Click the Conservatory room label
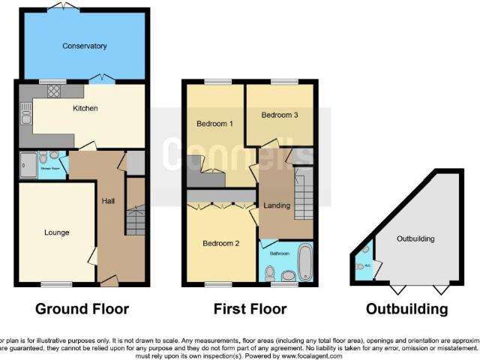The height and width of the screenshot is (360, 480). (84, 46)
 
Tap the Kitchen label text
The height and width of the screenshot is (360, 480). (85, 108)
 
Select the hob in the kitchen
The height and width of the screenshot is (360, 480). (54, 92)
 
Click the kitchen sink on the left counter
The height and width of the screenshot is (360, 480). (25, 116)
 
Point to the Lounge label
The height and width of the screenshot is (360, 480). (56, 232)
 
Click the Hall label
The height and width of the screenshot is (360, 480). (108, 200)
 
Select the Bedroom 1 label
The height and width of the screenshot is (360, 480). (214, 123)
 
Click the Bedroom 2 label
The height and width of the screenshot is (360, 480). (221, 243)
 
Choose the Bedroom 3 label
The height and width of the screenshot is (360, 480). (280, 115)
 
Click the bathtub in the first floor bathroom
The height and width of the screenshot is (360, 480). (305, 261)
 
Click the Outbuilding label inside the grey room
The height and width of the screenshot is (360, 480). (415, 238)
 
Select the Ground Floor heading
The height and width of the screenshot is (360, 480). (82, 309)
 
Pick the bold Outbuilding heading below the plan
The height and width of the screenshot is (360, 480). (407, 309)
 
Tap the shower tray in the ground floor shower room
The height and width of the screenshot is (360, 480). (29, 164)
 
